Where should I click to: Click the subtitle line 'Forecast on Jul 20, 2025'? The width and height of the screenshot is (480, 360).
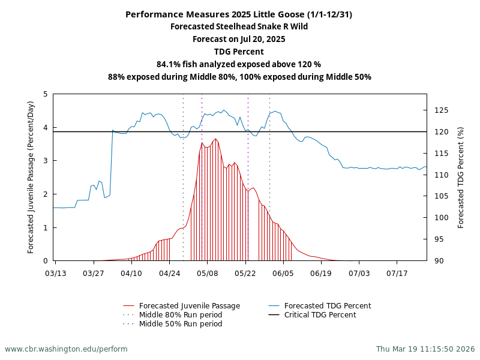click(x=239, y=39)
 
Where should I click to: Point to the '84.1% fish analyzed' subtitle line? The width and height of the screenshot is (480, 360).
click(x=239, y=64)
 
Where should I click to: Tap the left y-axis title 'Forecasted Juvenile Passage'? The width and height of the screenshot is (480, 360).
click(x=31, y=177)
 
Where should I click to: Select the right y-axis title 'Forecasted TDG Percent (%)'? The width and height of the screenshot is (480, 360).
click(x=461, y=177)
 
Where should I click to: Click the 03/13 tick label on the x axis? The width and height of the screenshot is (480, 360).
click(x=56, y=273)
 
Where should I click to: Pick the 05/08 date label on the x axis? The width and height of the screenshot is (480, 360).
click(x=208, y=273)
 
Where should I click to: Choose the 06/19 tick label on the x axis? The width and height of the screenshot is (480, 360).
click(x=321, y=273)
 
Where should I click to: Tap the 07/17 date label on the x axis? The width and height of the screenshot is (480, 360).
click(x=397, y=273)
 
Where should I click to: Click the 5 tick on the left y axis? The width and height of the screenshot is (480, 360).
click(x=46, y=94)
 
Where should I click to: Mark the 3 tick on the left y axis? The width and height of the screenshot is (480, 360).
click(x=46, y=161)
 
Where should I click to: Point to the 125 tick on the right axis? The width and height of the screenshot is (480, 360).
click(x=441, y=110)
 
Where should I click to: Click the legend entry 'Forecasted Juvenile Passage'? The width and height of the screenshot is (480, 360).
click(x=189, y=306)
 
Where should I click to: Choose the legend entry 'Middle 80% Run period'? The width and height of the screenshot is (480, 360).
click(x=180, y=315)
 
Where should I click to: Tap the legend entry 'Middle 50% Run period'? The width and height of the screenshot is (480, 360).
click(x=180, y=324)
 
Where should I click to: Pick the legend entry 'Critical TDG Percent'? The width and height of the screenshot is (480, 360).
click(x=320, y=315)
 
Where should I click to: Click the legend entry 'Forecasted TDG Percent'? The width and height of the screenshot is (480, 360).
click(x=327, y=306)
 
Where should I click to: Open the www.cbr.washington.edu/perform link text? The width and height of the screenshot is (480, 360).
click(x=66, y=349)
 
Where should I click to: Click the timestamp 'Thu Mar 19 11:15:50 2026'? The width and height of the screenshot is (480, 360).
click(x=425, y=349)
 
